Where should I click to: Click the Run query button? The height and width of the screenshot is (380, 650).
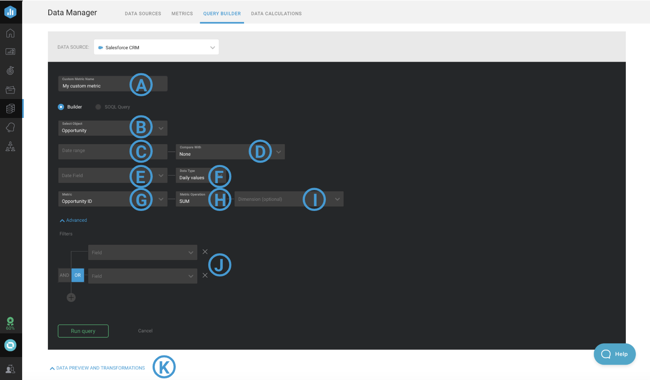click(83, 331)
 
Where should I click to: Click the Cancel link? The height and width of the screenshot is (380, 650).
click(145, 330)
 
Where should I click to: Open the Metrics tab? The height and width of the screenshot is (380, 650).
click(182, 14)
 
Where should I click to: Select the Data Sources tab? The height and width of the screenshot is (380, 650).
click(143, 14)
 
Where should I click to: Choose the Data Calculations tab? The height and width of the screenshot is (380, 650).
click(276, 14)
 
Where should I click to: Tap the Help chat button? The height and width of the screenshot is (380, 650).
click(615, 354)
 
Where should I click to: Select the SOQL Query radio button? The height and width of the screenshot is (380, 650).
click(98, 107)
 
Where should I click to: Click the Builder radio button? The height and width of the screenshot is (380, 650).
click(61, 107)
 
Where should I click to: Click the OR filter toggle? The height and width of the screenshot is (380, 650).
click(77, 275)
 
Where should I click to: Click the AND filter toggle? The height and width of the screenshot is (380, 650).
click(64, 275)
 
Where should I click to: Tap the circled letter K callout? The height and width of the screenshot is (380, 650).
click(164, 367)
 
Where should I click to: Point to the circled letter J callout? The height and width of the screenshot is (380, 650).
click(219, 265)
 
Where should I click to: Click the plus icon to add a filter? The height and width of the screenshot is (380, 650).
click(71, 297)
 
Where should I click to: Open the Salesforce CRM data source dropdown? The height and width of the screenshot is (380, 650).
click(156, 47)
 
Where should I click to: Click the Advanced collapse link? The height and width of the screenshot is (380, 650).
click(73, 220)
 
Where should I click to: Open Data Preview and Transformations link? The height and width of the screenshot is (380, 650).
click(97, 368)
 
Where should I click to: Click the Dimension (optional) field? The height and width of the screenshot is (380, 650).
click(289, 199)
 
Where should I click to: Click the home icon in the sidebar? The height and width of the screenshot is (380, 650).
click(10, 33)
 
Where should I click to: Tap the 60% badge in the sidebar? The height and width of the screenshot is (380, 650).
click(10, 324)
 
